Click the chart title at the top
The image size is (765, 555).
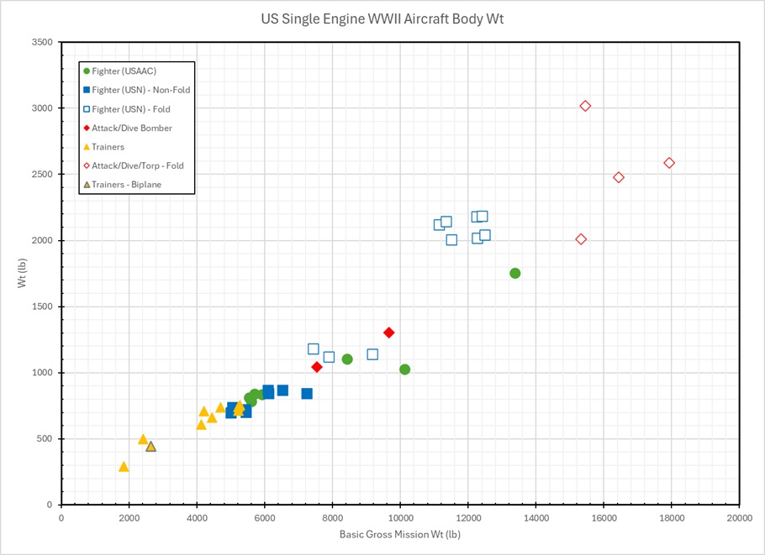pos(382,18)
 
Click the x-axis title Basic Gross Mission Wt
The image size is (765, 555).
pos(400,534)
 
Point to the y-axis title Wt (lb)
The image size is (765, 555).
pos(23,274)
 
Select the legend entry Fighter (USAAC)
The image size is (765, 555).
pos(124,71)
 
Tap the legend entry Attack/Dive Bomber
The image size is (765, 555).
pos(132,128)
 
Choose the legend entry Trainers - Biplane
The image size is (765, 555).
pos(126,185)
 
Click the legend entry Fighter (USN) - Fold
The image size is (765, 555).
pos(131,109)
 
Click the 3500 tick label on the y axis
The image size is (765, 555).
pos(42,43)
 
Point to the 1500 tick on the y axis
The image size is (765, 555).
pos(42,307)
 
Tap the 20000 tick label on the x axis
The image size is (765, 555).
pos(739,518)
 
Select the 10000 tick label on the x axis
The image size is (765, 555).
pos(400,518)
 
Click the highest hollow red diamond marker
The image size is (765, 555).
pos(585,106)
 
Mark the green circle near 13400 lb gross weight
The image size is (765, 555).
pos(515,273)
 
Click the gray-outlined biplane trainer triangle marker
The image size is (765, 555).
pos(150,447)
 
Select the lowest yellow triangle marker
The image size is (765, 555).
pos(124,467)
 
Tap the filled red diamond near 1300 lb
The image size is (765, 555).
pos(389,332)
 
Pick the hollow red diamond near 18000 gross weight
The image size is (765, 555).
pos(669,163)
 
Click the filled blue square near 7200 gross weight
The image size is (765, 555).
pos(307,394)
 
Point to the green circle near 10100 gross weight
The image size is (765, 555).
pos(404,369)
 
